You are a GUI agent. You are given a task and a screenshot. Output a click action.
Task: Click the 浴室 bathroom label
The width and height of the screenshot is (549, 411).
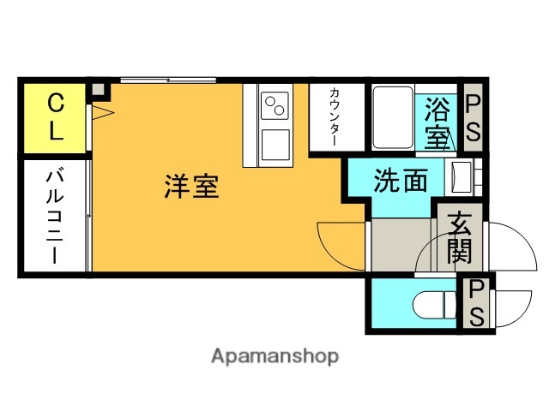pyautogui.click(x=437, y=122)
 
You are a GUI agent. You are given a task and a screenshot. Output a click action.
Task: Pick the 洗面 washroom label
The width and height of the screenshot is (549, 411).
pyautogui.click(x=400, y=181)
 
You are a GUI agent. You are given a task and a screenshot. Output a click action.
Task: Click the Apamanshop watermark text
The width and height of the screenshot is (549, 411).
pyautogui.click(x=274, y=355)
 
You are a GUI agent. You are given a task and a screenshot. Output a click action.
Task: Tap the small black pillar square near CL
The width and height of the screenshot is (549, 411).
pyautogui.click(x=98, y=89)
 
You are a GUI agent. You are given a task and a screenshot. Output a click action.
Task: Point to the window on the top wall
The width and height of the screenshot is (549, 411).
pyautogui.click(x=167, y=80)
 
